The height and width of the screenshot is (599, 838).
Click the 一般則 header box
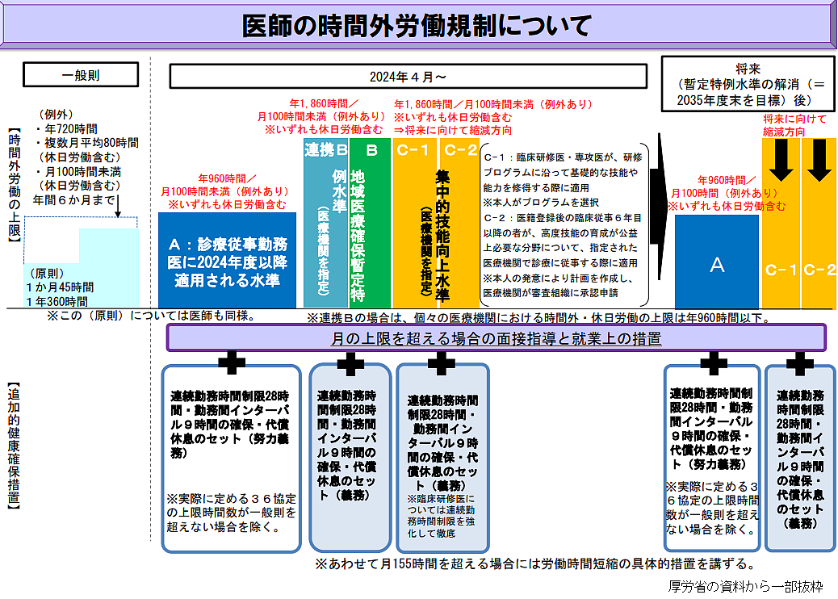coord(81,75)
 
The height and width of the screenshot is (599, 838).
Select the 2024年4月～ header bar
coord(408,77)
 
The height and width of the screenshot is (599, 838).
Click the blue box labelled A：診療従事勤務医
coord(227,262)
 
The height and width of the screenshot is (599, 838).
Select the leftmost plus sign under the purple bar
coord(232,363)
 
